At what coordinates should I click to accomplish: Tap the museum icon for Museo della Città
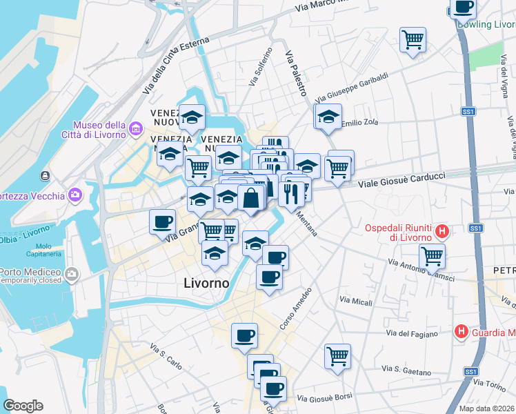click(136, 128)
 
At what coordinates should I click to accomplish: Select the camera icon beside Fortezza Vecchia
click(75, 195)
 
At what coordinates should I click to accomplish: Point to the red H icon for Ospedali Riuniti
click(443, 232)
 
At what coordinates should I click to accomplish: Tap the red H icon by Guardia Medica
click(461, 332)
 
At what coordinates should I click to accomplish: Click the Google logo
click(23, 405)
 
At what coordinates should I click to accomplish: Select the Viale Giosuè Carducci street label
click(402, 179)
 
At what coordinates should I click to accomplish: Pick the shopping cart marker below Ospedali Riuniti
click(432, 256)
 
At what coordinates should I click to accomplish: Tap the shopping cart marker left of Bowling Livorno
click(413, 39)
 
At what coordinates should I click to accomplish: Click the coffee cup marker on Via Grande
click(163, 221)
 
